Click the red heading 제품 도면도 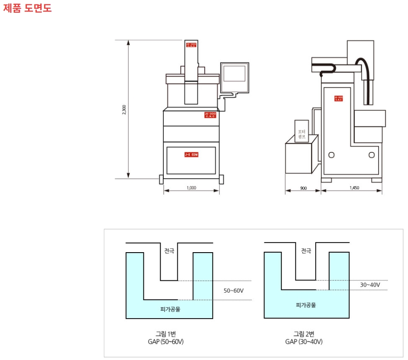pyautogui.click(x=27, y=8)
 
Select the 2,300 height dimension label pyautogui.click(x=124, y=110)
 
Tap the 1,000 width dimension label pyautogui.click(x=191, y=187)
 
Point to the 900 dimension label pyautogui.click(x=303, y=188)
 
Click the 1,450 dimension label pyautogui.click(x=354, y=188)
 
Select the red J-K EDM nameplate pyautogui.click(x=191, y=154)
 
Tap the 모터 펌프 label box pyautogui.click(x=302, y=134)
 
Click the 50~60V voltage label pyautogui.click(x=233, y=290)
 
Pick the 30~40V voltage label pyautogui.click(x=370, y=285)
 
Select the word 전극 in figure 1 pyautogui.click(x=169, y=251)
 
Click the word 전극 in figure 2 pyautogui.click(x=306, y=251)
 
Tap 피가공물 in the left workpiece pyautogui.click(x=170, y=309)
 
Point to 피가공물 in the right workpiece pyautogui.click(x=306, y=305)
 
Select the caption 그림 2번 pyautogui.click(x=304, y=333)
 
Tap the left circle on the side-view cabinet pyautogui.click(x=331, y=154)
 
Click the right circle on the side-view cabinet pyautogui.click(x=371, y=154)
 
